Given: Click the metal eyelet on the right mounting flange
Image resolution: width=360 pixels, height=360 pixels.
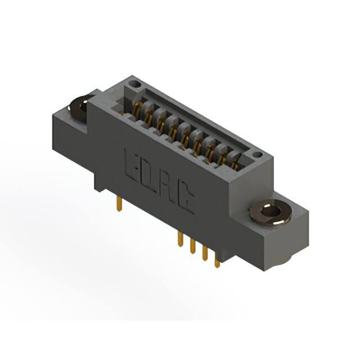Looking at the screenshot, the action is pyautogui.click(x=271, y=211).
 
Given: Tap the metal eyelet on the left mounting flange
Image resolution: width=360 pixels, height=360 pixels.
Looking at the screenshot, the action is pyautogui.click(x=79, y=108).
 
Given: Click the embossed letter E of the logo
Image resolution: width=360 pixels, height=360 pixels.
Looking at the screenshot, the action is pyautogui.click(x=131, y=165).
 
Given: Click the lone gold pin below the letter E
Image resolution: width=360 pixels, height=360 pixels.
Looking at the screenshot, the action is pyautogui.click(x=119, y=204).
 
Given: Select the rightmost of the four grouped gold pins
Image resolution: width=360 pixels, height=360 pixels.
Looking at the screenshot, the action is pyautogui.click(x=217, y=260).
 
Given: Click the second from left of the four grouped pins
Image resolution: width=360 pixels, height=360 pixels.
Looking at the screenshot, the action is pyautogui.click(x=192, y=246).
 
